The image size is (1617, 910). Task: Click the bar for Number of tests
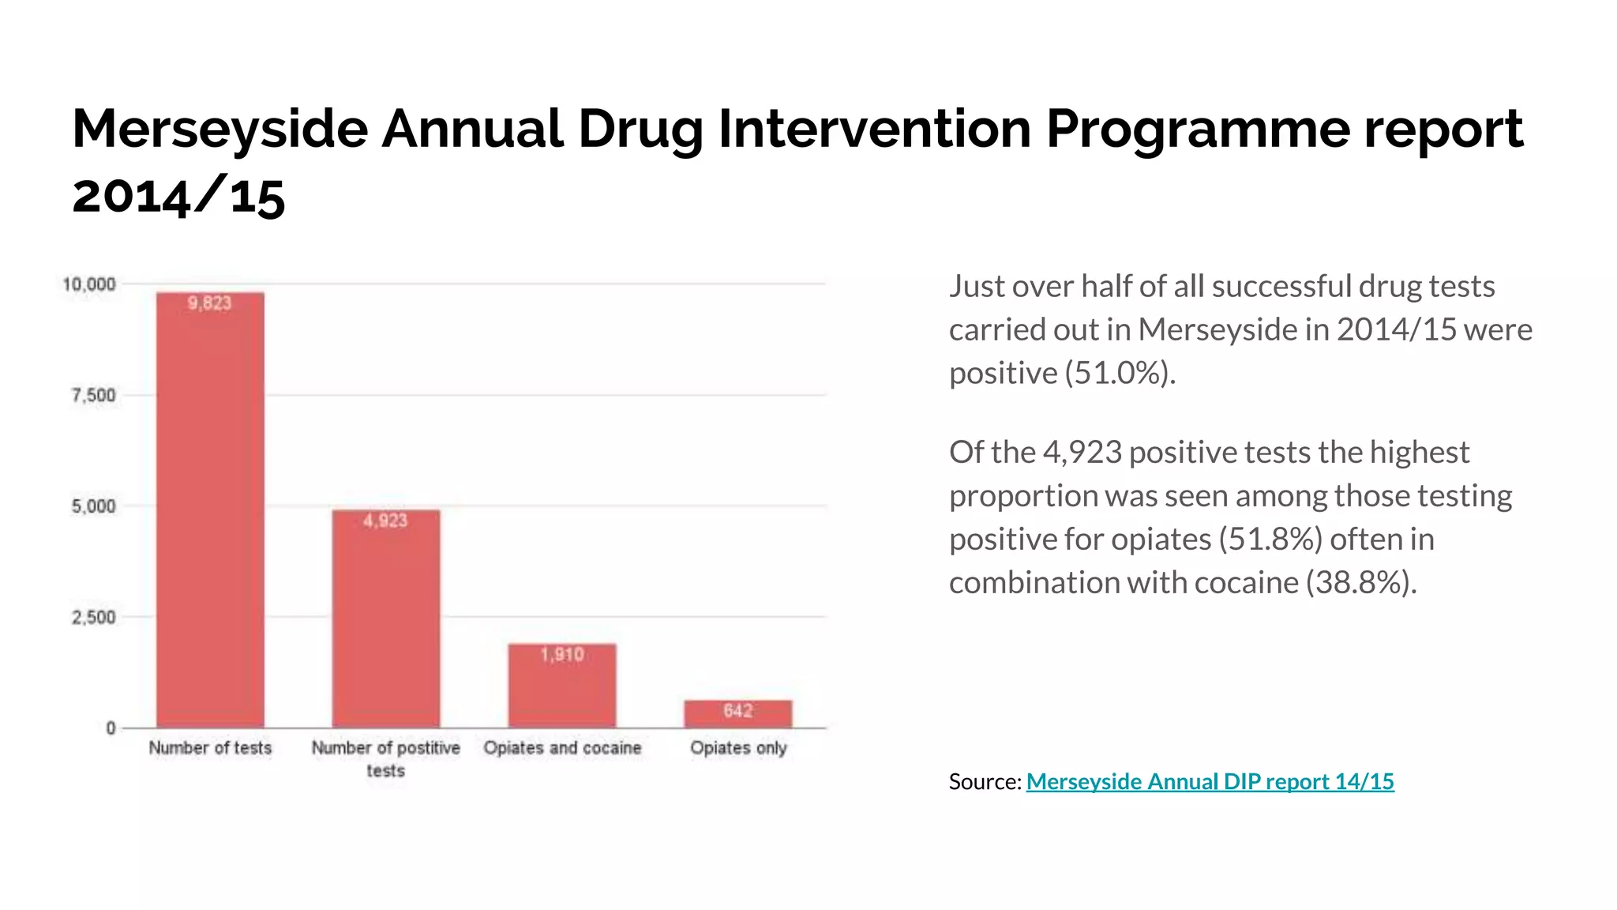click(210, 510)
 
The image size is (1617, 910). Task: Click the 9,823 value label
click(209, 303)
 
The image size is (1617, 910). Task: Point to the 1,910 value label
click(561, 655)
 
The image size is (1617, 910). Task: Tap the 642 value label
click(737, 711)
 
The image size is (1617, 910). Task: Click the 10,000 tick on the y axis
click(89, 284)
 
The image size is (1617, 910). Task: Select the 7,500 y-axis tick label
click(93, 395)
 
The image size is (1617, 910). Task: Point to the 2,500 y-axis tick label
click(93, 617)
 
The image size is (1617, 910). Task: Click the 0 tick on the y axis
click(111, 728)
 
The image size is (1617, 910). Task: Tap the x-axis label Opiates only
click(738, 748)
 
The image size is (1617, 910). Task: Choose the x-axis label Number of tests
click(210, 748)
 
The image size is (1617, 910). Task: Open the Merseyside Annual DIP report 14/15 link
click(1210, 782)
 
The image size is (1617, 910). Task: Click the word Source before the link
click(983, 782)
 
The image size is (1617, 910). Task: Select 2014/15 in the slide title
click(178, 196)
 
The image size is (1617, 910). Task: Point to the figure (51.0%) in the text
click(1120, 373)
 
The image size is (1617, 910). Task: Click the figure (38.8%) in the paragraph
click(1360, 583)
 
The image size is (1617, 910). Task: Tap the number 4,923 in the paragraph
click(1082, 453)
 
